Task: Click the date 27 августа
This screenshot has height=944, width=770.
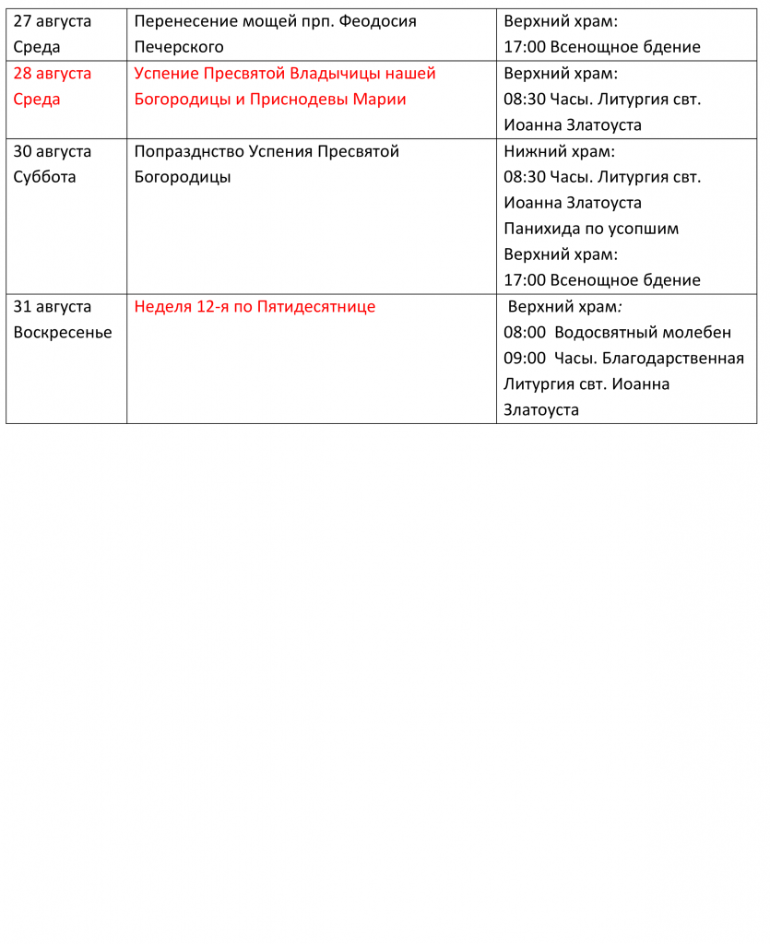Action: pos(53,21)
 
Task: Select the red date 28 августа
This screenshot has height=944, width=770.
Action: pos(53,74)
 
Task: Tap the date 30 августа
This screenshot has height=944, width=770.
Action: pos(53,151)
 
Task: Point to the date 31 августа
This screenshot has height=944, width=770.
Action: pos(53,307)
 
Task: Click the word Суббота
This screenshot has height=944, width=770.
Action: pos(45,177)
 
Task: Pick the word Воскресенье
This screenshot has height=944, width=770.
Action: pos(63,333)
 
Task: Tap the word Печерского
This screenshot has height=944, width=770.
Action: pos(179,47)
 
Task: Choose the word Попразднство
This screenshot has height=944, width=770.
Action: pos(190,151)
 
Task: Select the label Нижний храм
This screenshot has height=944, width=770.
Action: pos(559,151)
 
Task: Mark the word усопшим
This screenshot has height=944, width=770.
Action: pos(644,229)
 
